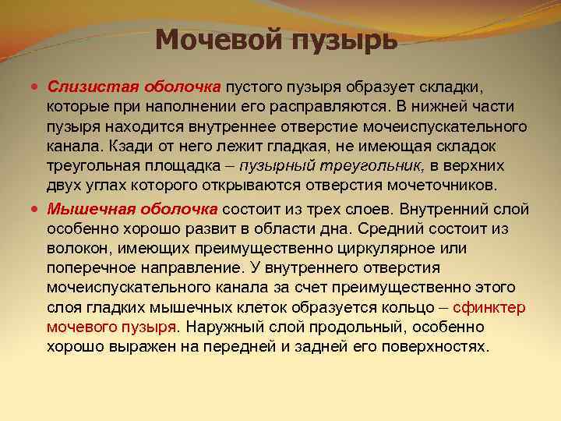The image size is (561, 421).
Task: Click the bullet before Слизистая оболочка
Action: click(x=38, y=83)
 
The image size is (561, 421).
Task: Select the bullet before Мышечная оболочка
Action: click(x=38, y=209)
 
